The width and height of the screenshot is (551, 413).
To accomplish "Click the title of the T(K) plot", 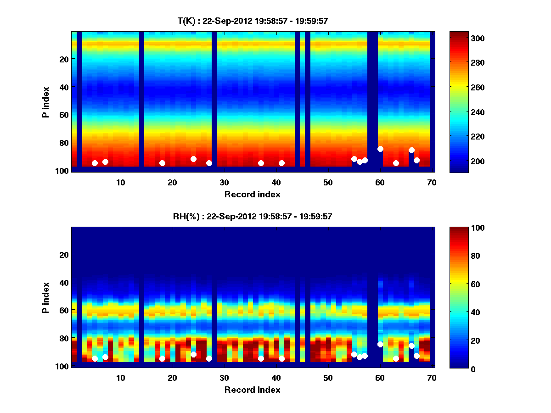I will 253,21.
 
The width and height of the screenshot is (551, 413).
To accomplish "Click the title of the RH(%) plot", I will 253,216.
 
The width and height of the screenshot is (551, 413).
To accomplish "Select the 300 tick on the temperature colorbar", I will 464,38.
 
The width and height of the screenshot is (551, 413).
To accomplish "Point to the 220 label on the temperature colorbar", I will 464,137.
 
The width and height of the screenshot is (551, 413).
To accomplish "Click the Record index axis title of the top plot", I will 252,194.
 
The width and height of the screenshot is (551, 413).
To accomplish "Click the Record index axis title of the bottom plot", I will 252,390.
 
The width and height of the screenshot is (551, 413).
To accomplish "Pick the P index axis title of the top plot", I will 46,102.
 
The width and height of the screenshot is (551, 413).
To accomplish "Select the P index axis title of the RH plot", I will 46,297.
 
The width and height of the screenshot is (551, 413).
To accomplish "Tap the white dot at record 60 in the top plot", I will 380,149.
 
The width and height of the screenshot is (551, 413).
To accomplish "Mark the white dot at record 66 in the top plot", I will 411,151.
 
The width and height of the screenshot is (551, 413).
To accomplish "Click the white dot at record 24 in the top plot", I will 193,159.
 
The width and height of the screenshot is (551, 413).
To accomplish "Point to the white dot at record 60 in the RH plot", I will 380,344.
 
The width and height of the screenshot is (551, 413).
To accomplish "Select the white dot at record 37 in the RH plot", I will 261,358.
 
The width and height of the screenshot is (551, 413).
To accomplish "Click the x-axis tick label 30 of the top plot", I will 224,182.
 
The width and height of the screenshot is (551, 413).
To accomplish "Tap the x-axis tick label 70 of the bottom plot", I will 432,378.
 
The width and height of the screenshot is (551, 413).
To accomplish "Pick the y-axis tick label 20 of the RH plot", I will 64,255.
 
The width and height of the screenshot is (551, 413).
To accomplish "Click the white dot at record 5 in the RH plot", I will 95,358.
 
